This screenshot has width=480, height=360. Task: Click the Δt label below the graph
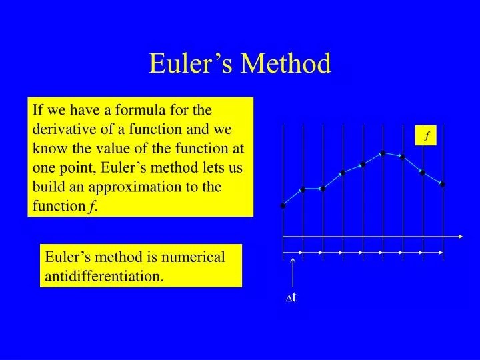click(x=291, y=297)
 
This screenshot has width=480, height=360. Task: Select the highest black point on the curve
click(x=383, y=153)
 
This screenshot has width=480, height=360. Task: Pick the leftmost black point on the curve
click(x=283, y=205)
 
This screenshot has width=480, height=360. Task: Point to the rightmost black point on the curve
click(x=442, y=184)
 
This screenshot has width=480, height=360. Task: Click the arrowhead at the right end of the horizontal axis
click(x=461, y=237)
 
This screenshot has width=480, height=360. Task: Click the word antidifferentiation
click(x=104, y=275)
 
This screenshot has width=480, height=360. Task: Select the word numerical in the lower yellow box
click(x=193, y=257)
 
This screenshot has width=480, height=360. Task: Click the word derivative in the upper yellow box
click(x=61, y=129)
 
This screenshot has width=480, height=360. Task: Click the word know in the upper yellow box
click(x=47, y=148)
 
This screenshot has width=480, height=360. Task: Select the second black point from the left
click(x=303, y=190)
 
